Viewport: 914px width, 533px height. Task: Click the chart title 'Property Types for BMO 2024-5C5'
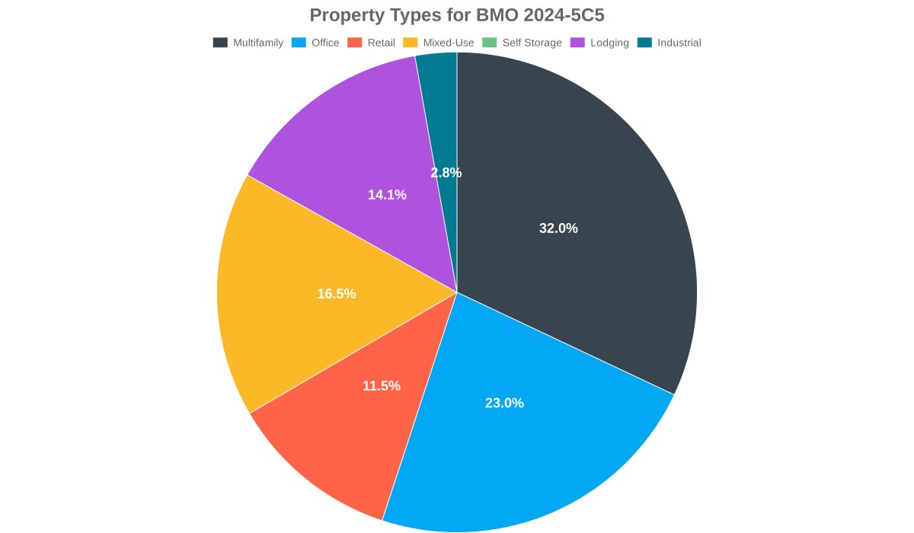click(x=457, y=15)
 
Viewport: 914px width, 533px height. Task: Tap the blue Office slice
click(x=518, y=442)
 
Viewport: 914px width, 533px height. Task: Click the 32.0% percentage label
click(x=558, y=228)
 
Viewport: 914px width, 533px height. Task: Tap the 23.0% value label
click(x=504, y=404)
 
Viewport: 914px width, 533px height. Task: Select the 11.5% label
click(x=381, y=386)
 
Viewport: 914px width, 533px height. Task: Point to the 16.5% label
click(x=336, y=294)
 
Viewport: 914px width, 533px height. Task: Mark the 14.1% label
click(x=387, y=195)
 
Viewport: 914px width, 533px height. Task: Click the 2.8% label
click(x=446, y=173)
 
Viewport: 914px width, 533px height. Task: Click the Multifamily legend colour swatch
click(x=220, y=43)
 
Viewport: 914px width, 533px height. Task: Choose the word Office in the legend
click(x=325, y=43)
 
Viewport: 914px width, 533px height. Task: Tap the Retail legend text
click(x=381, y=43)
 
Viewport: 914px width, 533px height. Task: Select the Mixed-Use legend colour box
click(x=410, y=43)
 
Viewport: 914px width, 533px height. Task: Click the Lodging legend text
click(x=609, y=43)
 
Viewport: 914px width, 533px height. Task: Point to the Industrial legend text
click(x=679, y=43)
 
